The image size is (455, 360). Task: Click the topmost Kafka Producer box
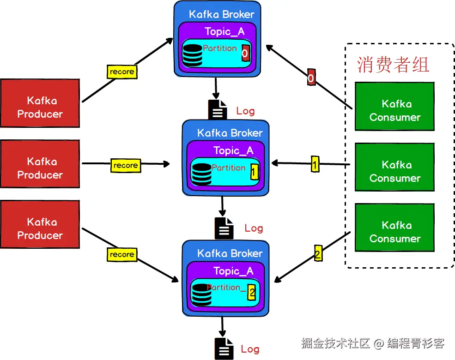(x=40, y=103)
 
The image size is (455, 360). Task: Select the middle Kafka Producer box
(x=40, y=164)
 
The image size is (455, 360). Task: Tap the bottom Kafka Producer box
(x=40, y=224)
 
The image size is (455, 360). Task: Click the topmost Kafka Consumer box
(x=394, y=106)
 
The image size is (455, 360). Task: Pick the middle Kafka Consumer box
(x=394, y=167)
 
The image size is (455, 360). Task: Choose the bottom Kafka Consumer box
(x=394, y=228)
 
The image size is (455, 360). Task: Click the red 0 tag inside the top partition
(x=245, y=54)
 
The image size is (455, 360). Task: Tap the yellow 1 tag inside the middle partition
(x=254, y=173)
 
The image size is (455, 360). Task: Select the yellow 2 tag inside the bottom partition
(x=251, y=292)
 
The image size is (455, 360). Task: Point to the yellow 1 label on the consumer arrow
(x=315, y=164)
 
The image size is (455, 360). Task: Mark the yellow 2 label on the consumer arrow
(x=318, y=254)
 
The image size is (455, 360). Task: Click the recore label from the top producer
(x=122, y=72)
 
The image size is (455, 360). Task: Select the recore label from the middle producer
(x=126, y=165)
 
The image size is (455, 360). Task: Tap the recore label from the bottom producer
(x=122, y=254)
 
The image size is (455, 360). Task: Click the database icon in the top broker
(x=192, y=54)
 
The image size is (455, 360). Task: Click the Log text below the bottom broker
(x=250, y=349)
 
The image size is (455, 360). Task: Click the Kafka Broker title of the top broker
(x=221, y=14)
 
